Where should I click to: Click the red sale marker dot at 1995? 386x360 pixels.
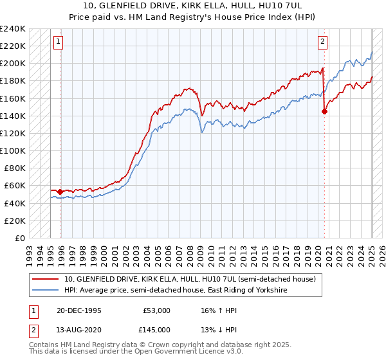[60, 192]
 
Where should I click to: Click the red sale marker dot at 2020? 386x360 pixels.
[324, 111]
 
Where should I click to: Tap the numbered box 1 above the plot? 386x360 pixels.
[58, 42]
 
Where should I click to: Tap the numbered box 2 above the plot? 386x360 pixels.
[322, 42]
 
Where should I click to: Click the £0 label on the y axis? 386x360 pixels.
[19, 238]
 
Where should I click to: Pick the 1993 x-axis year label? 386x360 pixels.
[29, 251]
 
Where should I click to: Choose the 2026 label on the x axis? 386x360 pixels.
[381, 251]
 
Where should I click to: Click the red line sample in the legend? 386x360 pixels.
[46, 280]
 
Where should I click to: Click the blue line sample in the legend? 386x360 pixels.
[46, 291]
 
